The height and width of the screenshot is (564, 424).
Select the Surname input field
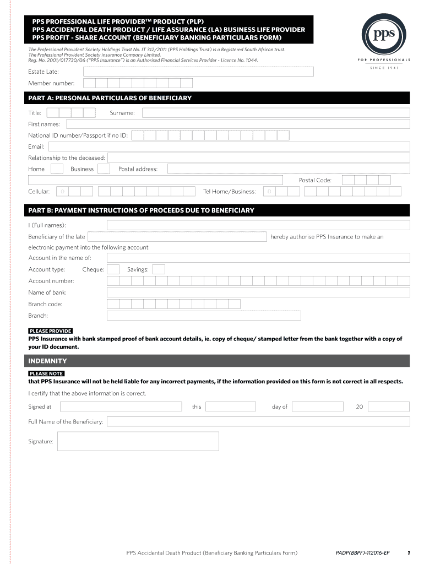[x=276, y=113]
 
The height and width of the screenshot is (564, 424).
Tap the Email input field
[x=229, y=147]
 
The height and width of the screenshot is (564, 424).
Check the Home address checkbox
[x=57, y=169]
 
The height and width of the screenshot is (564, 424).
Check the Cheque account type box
[x=113, y=269]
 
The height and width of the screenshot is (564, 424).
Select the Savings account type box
[x=159, y=269]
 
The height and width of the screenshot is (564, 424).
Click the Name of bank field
[x=258, y=292]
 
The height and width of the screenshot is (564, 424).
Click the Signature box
[x=138, y=441]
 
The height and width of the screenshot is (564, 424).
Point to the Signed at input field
[x=121, y=406]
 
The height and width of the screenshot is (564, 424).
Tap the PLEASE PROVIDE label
[x=50, y=331]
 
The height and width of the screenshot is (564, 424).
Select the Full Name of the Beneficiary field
[x=258, y=421]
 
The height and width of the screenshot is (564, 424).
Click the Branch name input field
[x=204, y=316]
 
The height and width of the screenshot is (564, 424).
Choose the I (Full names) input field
[x=258, y=225]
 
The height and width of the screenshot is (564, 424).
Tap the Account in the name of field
[x=258, y=258]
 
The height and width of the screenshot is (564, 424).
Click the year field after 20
[x=389, y=406]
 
